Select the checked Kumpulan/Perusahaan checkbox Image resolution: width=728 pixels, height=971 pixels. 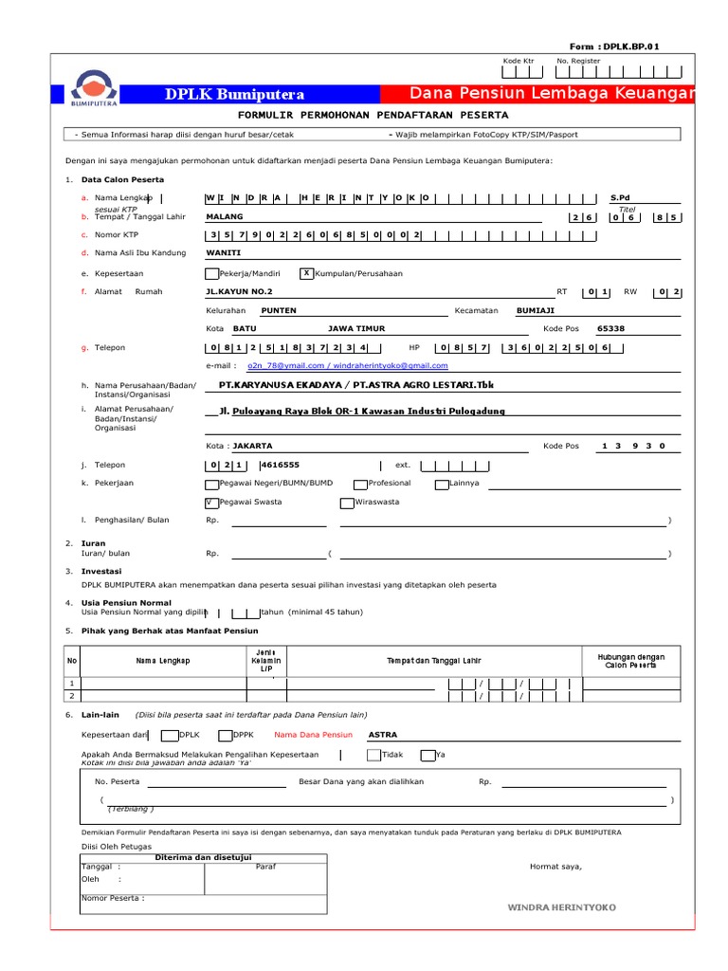(306, 273)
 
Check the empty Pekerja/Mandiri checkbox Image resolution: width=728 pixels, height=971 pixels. (211, 273)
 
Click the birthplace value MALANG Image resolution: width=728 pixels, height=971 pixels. (225, 216)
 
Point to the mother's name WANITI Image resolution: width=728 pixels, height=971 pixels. (224, 253)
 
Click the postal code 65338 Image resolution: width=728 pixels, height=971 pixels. (610, 329)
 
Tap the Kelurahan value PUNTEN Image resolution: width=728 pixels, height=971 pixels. (280, 310)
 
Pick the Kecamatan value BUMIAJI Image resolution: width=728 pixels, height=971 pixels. (535, 310)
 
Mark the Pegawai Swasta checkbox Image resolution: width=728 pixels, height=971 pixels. (211, 502)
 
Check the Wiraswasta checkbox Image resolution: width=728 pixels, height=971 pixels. (347, 502)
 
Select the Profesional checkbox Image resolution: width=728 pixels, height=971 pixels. (360, 484)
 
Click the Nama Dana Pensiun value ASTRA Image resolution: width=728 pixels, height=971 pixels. (383, 734)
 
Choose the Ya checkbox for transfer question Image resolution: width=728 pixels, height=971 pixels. (428, 755)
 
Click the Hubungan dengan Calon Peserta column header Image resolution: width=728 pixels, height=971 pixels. (630, 661)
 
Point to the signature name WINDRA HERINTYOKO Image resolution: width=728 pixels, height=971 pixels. (561, 907)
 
